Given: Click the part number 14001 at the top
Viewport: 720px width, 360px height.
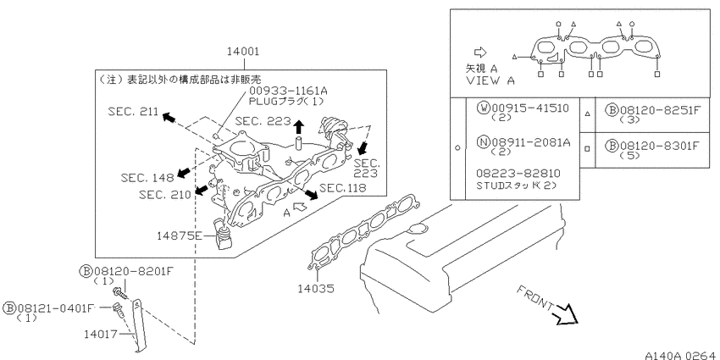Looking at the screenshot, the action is pos(242,52).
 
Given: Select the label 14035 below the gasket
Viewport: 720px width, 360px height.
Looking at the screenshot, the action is pos(315,289).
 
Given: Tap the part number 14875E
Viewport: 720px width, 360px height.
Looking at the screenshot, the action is pos(179,235).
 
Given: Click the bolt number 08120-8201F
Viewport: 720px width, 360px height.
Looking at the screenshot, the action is pos(133,271).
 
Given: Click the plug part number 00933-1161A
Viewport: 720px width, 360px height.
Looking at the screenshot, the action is pos(288,91).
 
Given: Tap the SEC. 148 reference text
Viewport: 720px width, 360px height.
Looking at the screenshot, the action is pos(147,177).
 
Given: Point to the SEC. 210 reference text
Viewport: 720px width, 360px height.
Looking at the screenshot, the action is pos(164,195).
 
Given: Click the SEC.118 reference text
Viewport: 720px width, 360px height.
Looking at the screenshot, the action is pos(343,188).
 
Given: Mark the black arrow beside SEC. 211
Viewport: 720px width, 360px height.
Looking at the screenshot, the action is pos(169,118).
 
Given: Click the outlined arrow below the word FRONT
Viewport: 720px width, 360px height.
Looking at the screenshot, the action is pos(567,315).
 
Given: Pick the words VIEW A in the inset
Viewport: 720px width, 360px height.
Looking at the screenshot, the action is pos(490,80).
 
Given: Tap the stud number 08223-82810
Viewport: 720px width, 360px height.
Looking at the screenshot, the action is pos(518,174).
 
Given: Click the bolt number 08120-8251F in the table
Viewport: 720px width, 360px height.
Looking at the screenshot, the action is pos(661,110).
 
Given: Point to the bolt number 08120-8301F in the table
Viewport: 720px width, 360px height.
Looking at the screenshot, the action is pos(661,146).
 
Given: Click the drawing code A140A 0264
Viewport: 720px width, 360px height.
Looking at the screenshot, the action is pos(680,356).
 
